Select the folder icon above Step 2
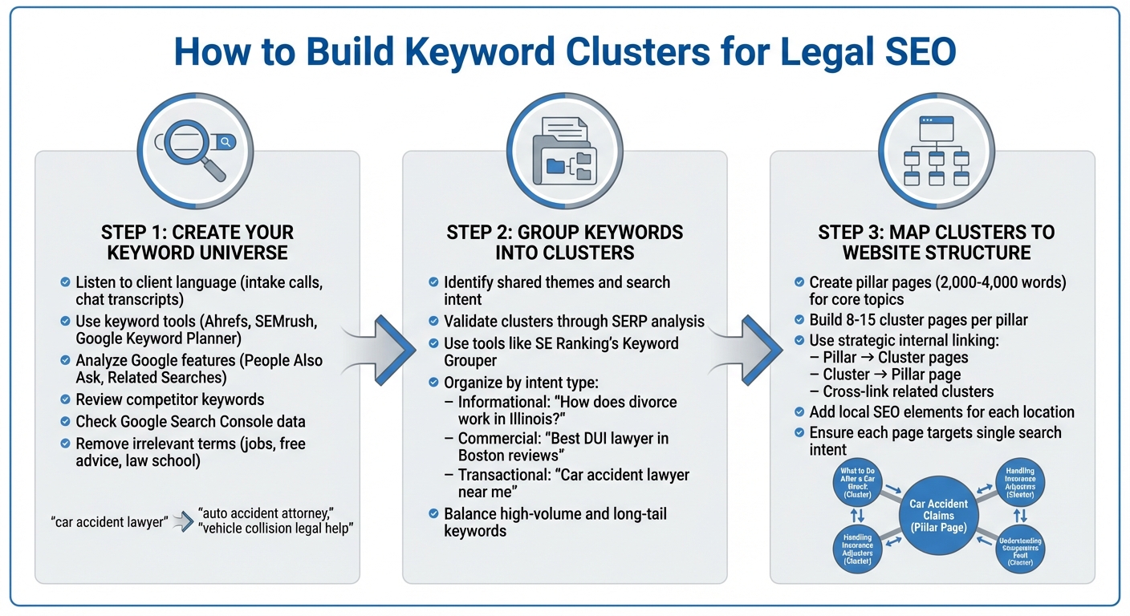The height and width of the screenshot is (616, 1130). point(564,152)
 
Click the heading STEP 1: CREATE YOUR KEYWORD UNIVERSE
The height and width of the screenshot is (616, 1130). point(197,242)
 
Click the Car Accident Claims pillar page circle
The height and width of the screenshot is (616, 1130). point(938,515)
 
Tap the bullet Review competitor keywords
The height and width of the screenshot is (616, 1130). point(169,399)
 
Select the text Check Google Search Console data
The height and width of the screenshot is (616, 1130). point(190,421)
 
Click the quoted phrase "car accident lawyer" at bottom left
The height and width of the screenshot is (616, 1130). point(108,522)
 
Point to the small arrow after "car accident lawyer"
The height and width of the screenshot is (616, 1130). point(182,522)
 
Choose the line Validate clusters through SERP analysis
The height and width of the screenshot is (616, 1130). point(573,322)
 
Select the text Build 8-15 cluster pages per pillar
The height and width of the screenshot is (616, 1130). point(918,320)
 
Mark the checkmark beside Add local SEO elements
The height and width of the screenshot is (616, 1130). point(799,412)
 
